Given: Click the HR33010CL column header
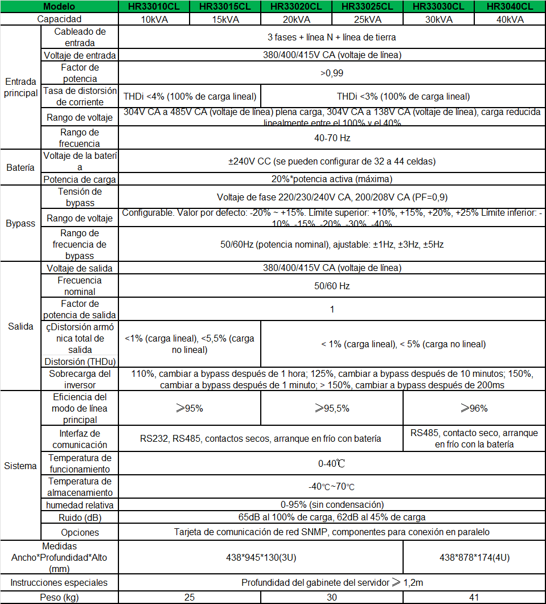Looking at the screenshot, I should coord(154,7).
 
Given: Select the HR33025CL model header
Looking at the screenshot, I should coord(367,7).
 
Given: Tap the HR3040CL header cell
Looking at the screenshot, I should coord(510,7).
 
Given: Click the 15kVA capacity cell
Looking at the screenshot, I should coord(225,19).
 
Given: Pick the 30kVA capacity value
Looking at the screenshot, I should coord(438,19).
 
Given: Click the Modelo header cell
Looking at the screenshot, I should coord(59,7).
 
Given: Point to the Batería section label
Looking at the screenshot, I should coord(20,167).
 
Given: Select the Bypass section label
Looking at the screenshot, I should coord(20,223).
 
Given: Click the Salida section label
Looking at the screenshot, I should coord(20,326).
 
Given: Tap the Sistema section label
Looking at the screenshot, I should coord(20,466).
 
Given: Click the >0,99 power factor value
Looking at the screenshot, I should coord(332,73).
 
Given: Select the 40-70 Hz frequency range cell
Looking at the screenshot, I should coord(332,137).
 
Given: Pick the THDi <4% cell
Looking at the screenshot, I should coord(190,96).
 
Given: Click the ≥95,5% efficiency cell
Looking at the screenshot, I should coord(332,408).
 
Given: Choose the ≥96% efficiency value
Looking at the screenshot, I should coord(474,408).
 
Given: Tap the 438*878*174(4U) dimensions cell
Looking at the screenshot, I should coord(474,557).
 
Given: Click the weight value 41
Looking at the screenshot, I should coord(474,597).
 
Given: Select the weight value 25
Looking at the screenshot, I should coord(190,597).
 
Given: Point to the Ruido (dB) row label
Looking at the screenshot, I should coord(80,517).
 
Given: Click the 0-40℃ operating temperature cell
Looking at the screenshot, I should coord(332,463).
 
